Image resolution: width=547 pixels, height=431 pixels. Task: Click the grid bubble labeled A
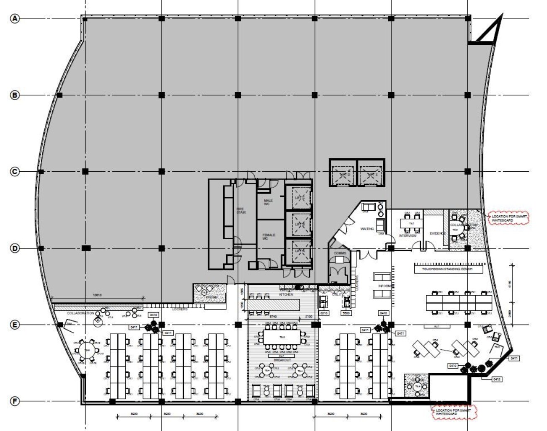pyautogui.click(x=15, y=18)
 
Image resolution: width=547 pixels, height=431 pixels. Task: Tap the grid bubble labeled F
pyautogui.click(x=15, y=402)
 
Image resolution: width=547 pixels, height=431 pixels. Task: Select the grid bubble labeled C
pyautogui.click(x=15, y=172)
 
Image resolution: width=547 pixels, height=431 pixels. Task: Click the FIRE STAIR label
pyautogui.click(x=241, y=211)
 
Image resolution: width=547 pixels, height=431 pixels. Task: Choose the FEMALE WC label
pyautogui.click(x=268, y=237)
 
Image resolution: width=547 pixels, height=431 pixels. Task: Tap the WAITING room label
pyautogui.click(x=367, y=229)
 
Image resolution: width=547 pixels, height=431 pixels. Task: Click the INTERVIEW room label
pyautogui.click(x=408, y=236)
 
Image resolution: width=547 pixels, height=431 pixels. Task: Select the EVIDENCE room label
pyautogui.click(x=437, y=233)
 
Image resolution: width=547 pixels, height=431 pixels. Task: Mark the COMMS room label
pyautogui.click(x=340, y=253)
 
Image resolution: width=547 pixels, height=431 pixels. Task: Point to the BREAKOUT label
pyautogui.click(x=282, y=360)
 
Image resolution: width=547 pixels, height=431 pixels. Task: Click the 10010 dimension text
pyautogui.click(x=97, y=295)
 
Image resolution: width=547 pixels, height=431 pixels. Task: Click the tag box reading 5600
pyautogui.click(x=346, y=313)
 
